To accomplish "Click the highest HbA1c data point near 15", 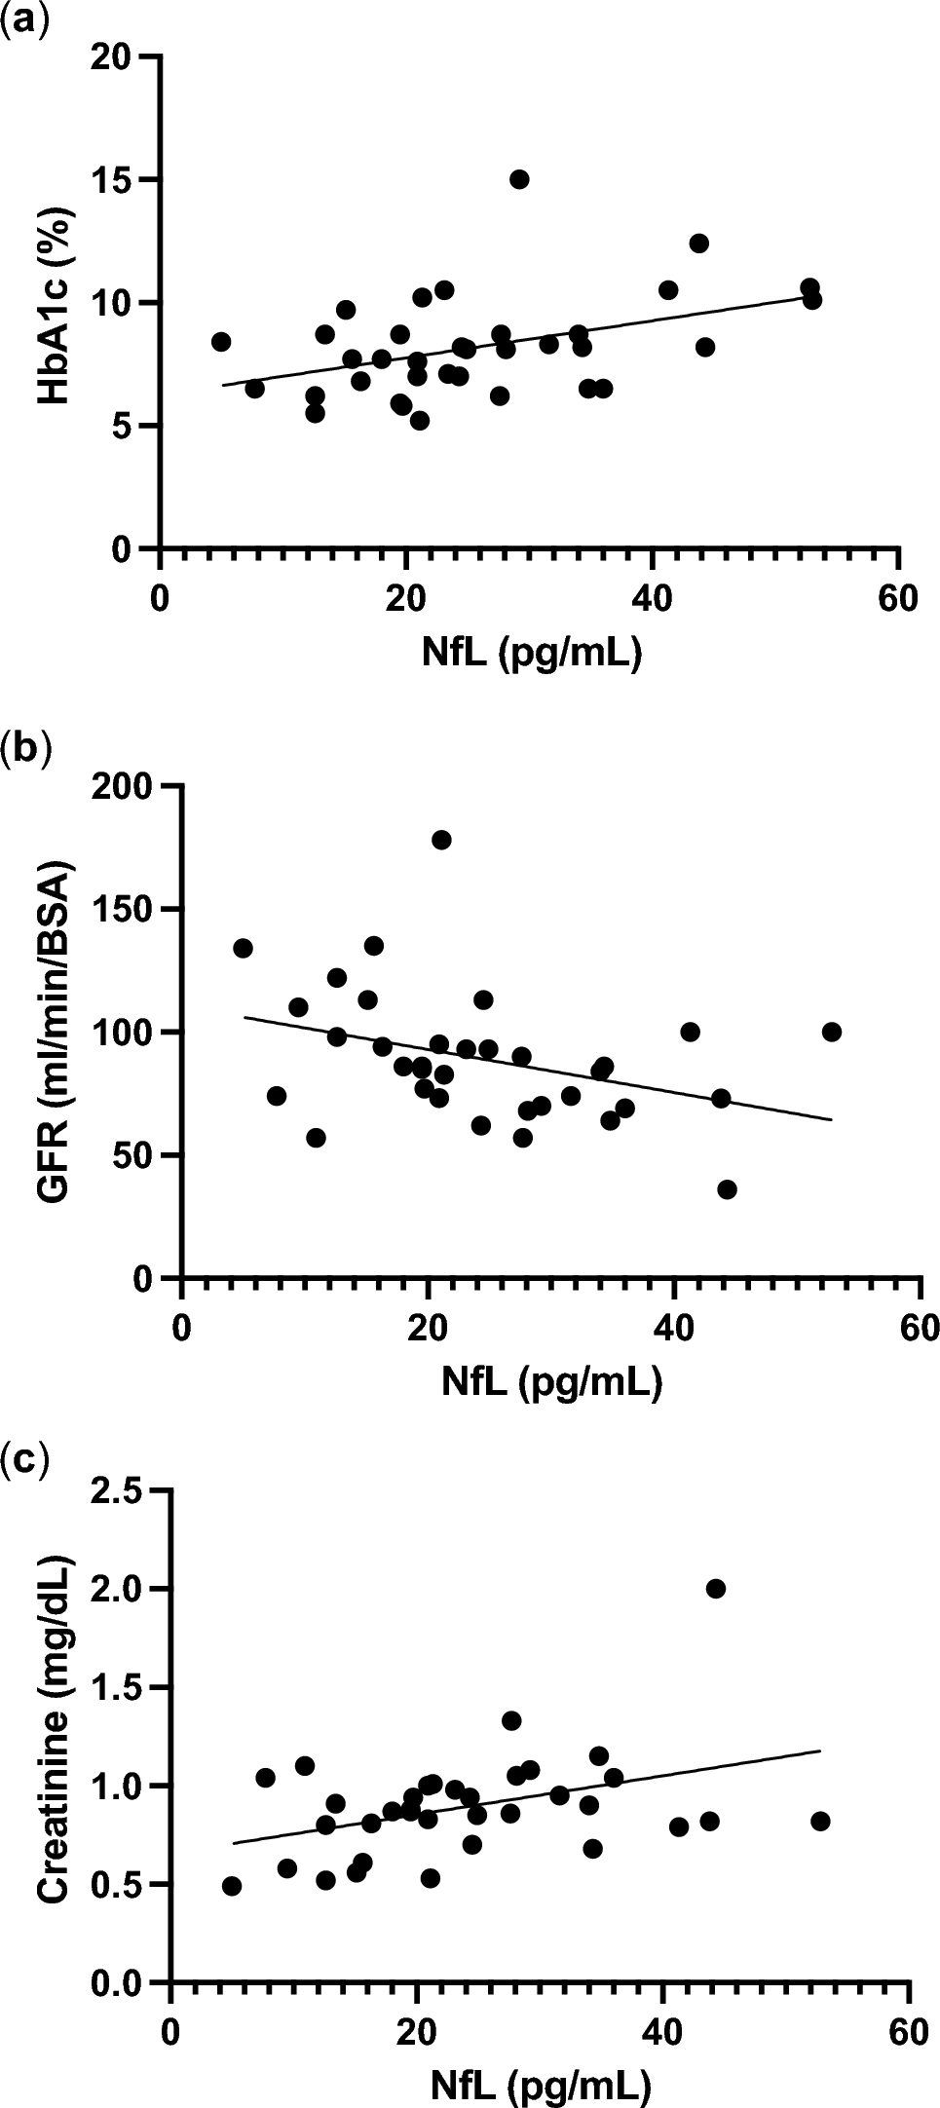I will click(519, 179).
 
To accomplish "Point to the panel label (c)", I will click(23, 1458).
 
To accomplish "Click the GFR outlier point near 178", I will click(441, 840).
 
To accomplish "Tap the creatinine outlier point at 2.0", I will click(715, 1589).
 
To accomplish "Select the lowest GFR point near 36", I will click(727, 1189).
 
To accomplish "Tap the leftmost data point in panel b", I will click(243, 948).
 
